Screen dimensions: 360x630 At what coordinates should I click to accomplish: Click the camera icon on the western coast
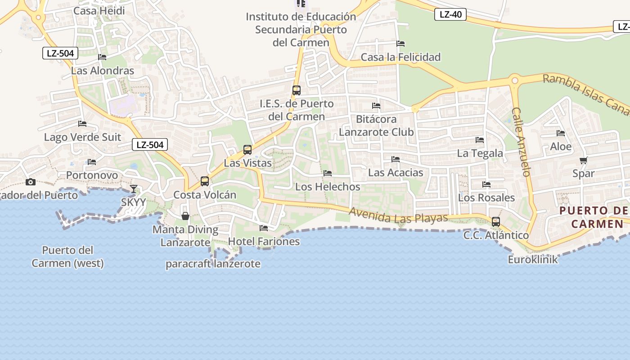(x=31, y=182)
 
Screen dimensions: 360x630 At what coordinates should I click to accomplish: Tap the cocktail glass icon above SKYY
(x=134, y=189)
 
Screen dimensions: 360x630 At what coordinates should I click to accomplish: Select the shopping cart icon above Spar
(x=584, y=160)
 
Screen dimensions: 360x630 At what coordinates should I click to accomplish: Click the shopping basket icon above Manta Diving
(x=185, y=216)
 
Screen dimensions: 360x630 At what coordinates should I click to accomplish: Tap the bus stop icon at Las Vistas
(x=247, y=149)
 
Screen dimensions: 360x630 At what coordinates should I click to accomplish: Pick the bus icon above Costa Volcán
(x=205, y=181)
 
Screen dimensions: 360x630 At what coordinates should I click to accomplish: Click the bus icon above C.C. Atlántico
(x=496, y=221)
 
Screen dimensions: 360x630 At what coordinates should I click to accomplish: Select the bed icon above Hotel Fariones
(x=264, y=228)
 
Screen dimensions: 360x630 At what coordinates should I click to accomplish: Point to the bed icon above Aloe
(x=561, y=133)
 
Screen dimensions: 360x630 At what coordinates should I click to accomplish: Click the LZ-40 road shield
(x=450, y=14)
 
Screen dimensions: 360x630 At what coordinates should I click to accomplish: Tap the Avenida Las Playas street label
(x=399, y=216)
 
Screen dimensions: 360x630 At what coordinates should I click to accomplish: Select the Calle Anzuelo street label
(x=521, y=142)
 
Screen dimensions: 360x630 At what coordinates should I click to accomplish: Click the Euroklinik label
(x=533, y=260)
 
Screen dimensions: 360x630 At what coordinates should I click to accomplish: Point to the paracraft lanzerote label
(x=213, y=264)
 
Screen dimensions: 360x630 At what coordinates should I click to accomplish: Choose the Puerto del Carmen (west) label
(x=67, y=256)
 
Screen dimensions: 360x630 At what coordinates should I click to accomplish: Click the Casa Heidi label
(x=99, y=10)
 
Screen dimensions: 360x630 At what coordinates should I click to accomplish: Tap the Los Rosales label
(x=486, y=198)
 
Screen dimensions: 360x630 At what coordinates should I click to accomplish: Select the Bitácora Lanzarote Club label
(x=376, y=126)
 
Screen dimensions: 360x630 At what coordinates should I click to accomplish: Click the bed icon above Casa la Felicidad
(x=400, y=44)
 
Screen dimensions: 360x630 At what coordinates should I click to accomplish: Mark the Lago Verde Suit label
(x=82, y=137)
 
